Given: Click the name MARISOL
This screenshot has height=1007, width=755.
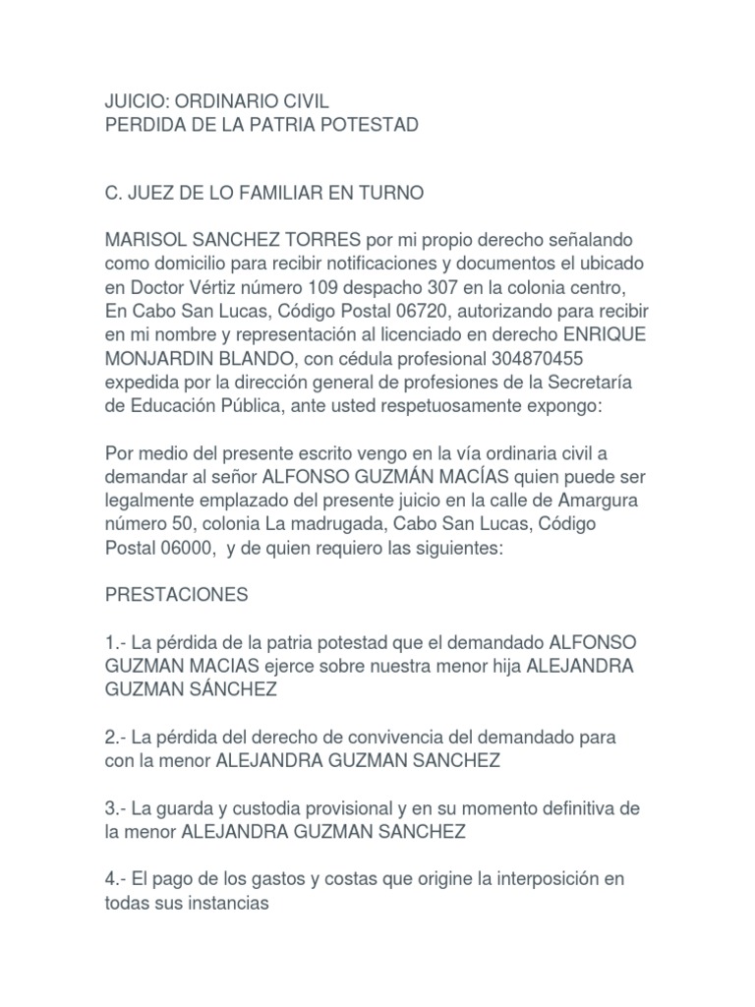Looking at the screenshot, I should coord(145,240).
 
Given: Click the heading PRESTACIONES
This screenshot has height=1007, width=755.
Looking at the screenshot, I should coord(177,595).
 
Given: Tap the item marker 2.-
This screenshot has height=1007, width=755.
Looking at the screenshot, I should coord(115,737).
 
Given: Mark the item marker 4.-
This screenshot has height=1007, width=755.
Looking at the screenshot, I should coord(115,876).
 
